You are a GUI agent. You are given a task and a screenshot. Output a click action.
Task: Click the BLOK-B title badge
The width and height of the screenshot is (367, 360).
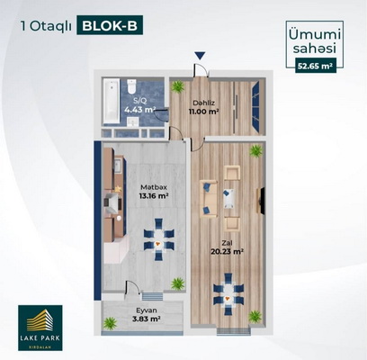(110, 25)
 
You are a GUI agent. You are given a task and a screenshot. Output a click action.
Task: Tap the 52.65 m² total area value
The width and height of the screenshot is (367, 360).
(316, 67)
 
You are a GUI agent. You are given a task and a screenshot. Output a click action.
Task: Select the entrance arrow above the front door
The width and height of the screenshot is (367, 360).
(200, 56)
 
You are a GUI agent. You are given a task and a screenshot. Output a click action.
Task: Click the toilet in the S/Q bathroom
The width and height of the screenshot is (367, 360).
(131, 86)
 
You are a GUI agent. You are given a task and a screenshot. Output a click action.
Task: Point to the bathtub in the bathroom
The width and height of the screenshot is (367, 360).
(111, 101)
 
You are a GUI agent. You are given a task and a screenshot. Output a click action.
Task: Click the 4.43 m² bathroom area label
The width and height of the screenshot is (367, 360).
(139, 109)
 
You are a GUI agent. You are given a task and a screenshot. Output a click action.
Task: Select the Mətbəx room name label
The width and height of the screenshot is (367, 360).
(154, 187)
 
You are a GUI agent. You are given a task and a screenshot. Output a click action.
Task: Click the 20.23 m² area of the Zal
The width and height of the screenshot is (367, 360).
(227, 252)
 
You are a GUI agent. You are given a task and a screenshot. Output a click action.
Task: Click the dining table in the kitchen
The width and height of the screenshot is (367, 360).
(159, 239)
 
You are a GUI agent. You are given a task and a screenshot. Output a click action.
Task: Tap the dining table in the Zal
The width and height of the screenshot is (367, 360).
(228, 294)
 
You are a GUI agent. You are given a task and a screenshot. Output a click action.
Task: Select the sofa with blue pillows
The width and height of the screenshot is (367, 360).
(209, 198)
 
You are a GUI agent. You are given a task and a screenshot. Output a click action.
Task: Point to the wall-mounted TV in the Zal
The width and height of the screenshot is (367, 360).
(261, 201)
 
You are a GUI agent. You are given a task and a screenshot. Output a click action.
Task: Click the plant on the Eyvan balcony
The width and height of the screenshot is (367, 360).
(110, 323)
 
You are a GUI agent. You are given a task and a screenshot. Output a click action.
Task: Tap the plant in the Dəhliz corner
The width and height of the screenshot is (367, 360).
(177, 86)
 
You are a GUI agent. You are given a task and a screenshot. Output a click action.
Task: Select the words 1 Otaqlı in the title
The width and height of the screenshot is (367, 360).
(46, 26)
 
